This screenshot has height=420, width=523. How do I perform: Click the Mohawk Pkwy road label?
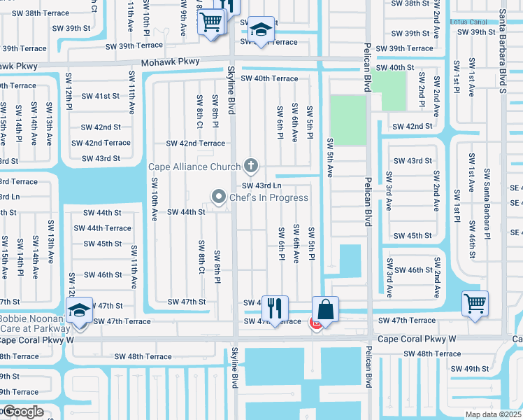coord(171,62)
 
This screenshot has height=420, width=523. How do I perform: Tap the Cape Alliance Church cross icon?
coord(251,167)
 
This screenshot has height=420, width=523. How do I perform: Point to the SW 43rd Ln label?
coord(261,185)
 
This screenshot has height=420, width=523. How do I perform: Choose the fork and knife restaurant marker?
coord(275,307)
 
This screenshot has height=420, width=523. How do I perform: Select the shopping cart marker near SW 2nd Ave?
coord(475,303)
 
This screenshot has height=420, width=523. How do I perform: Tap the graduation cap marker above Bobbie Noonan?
coord(80,309)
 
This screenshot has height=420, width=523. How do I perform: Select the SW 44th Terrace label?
coord(102,228)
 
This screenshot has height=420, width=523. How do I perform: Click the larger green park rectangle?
coord(348,120)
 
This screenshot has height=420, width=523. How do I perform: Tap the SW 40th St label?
coord(396,68)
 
